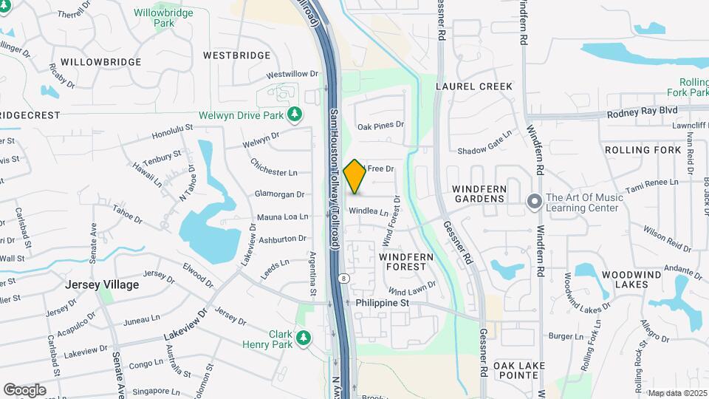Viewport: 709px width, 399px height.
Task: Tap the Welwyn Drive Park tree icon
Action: coord(295,115)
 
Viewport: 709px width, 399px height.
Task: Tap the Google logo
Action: coord(24,389)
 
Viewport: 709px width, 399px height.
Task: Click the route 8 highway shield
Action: coord(344,279)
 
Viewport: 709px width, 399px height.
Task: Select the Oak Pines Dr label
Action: coord(381,126)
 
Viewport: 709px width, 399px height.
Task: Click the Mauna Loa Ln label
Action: coord(282,217)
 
